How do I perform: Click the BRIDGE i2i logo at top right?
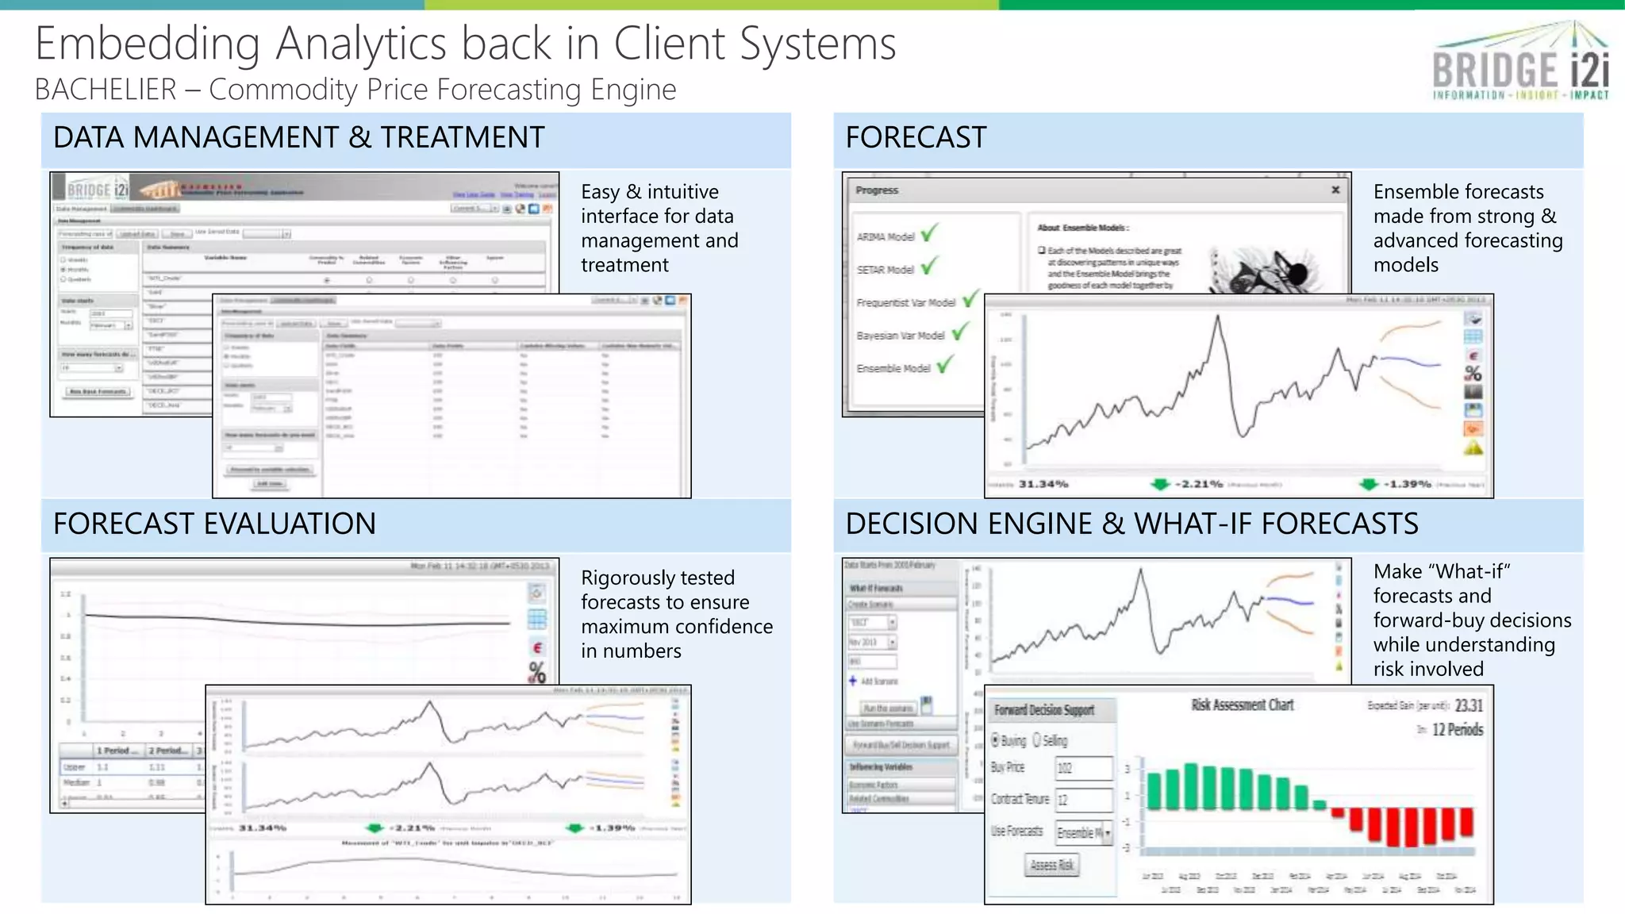pos(1520,63)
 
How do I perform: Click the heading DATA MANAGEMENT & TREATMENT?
pos(298,138)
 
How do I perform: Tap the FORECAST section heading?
pos(916,138)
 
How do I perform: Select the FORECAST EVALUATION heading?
pos(214,524)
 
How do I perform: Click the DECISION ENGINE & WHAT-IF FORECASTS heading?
pos(1131,524)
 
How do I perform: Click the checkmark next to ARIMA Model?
pos(929,233)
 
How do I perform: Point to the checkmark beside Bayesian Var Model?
pos(960,332)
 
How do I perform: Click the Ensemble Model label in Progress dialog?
pos(893,369)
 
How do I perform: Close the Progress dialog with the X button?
pos(1335,190)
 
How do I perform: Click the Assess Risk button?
pos(1051,866)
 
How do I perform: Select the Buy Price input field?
pos(1083,768)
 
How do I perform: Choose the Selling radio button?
pos(1037,740)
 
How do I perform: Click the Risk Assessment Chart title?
pos(1242,705)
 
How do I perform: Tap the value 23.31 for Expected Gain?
pos(1469,705)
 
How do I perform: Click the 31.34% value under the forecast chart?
pos(1043,484)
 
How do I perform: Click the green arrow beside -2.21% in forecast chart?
pos(1160,484)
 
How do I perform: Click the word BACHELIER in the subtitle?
pos(106,90)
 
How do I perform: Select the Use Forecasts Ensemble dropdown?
pos(1084,833)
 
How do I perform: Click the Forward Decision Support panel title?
pos(1044,710)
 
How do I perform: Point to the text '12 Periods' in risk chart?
pos(1457,730)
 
